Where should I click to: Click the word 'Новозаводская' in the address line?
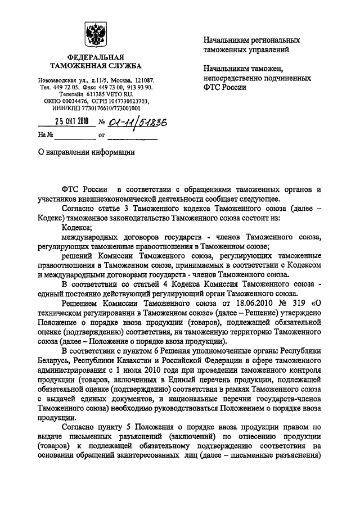[x=57, y=81]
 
